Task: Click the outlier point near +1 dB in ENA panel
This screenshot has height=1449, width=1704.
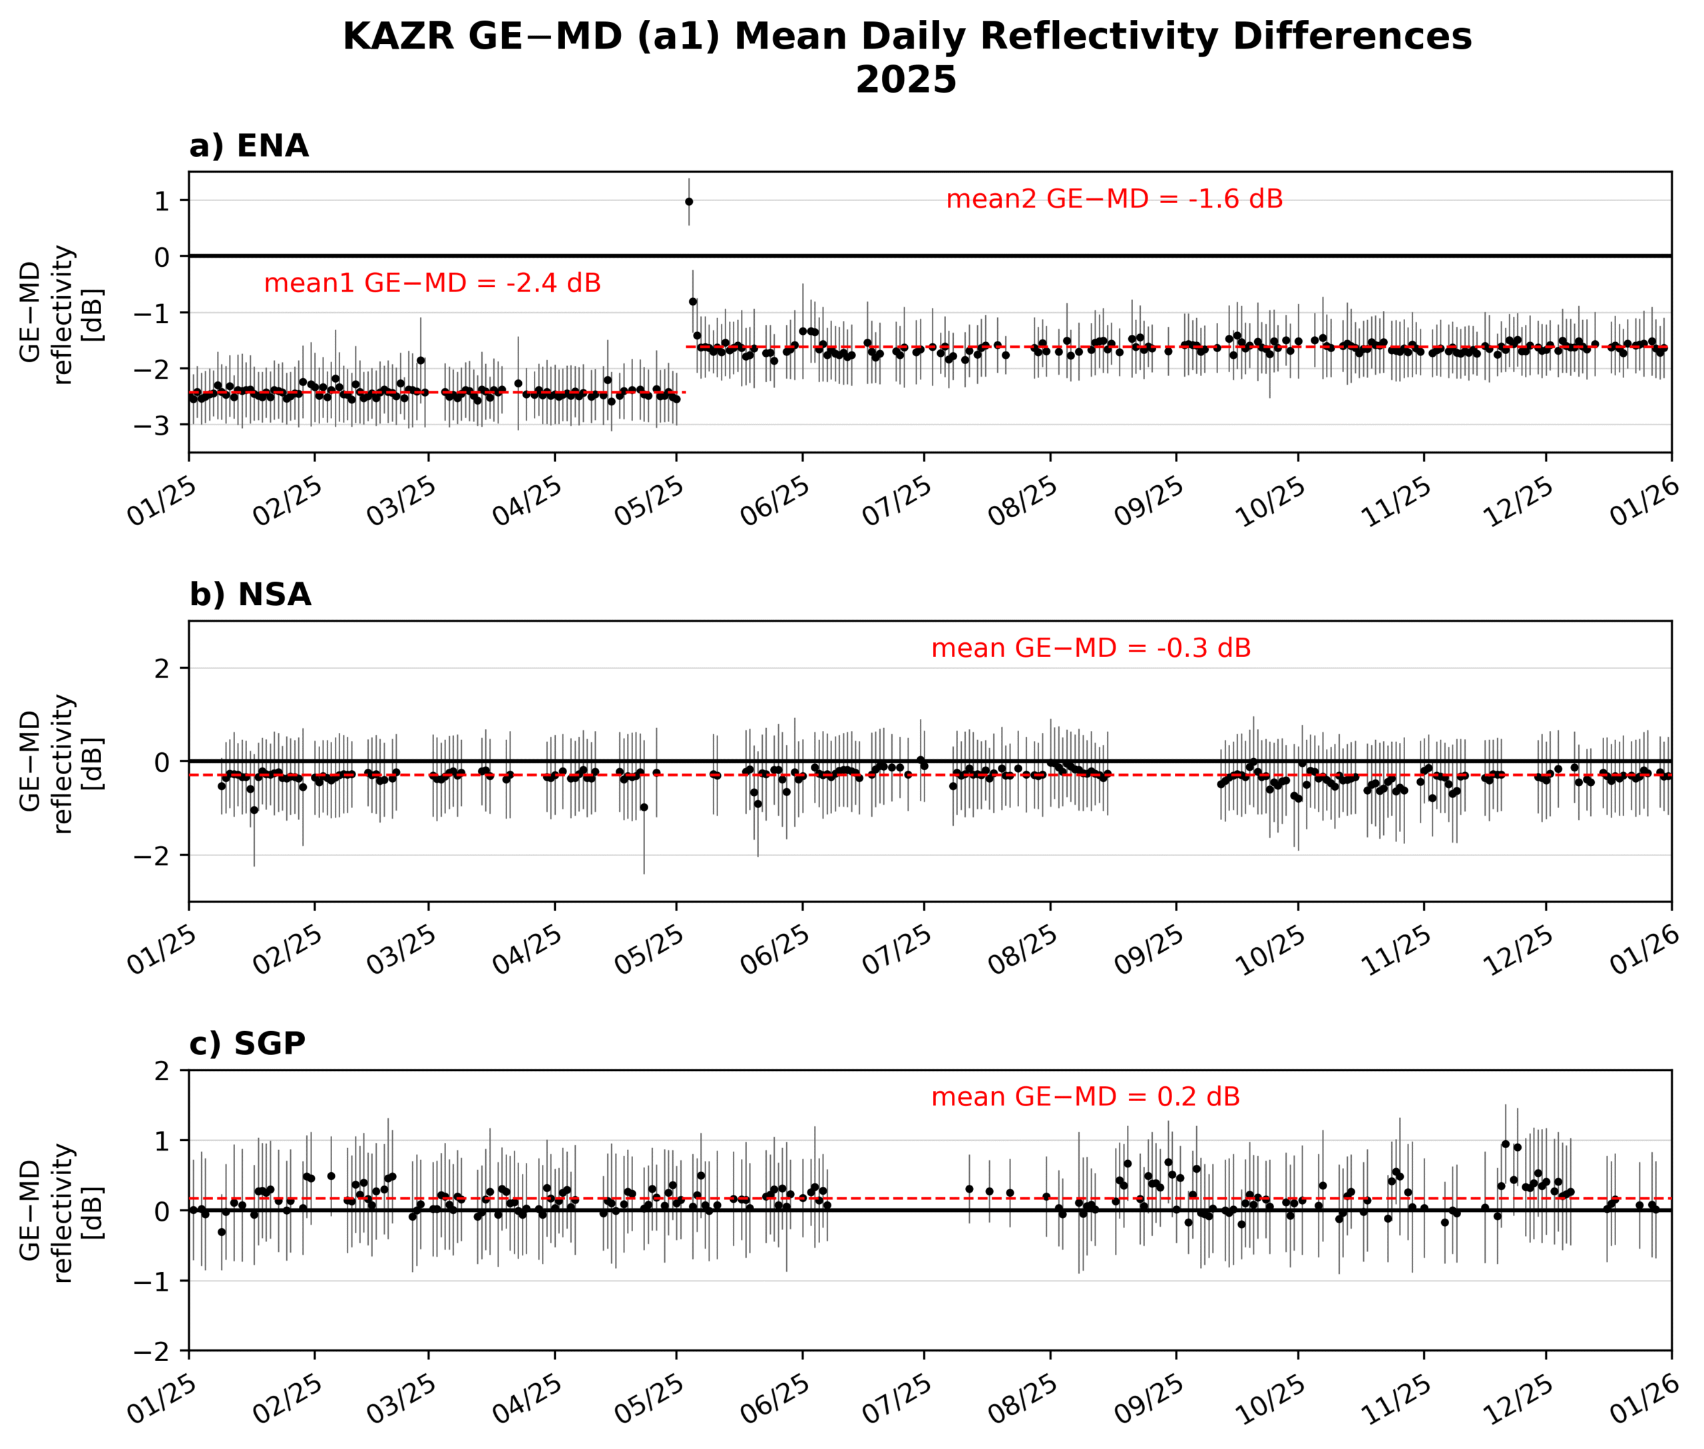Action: click(x=688, y=201)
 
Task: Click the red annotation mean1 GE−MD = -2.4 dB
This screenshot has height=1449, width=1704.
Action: click(x=432, y=284)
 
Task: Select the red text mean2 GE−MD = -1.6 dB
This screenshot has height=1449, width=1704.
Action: click(x=1114, y=200)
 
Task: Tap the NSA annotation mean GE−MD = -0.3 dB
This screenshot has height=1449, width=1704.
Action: click(x=1090, y=649)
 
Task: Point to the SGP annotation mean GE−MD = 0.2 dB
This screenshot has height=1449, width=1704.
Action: click(x=1084, y=1098)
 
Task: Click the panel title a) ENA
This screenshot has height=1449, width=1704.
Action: click(x=249, y=146)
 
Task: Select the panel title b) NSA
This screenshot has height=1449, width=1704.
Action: click(x=250, y=595)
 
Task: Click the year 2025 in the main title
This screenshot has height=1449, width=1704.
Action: click(x=905, y=81)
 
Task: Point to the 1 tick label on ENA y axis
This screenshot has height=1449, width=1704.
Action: click(x=162, y=201)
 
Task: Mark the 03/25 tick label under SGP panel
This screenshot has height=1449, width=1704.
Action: click(x=401, y=1400)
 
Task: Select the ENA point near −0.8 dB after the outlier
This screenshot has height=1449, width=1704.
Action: click(x=693, y=302)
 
